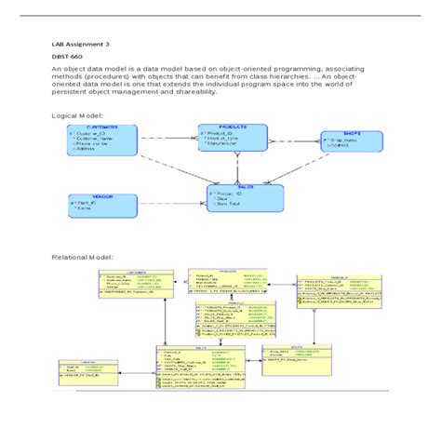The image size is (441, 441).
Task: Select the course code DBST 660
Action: tap(66, 57)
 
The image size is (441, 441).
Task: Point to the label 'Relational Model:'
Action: tap(83, 256)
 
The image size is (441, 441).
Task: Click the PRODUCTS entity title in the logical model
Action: tap(232, 127)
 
